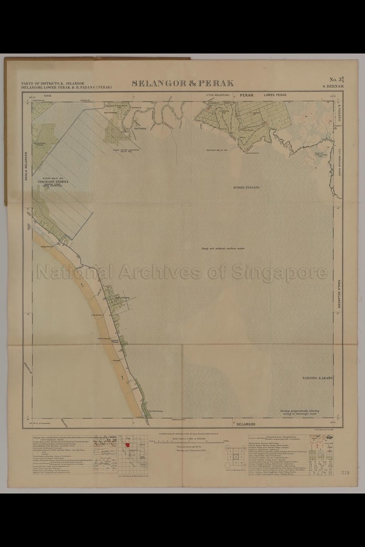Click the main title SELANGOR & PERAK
point(182,83)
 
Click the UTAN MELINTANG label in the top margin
point(219,95)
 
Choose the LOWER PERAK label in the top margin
point(275,95)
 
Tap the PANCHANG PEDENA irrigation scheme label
point(52,182)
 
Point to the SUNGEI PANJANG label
point(246,187)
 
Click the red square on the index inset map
point(127,445)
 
